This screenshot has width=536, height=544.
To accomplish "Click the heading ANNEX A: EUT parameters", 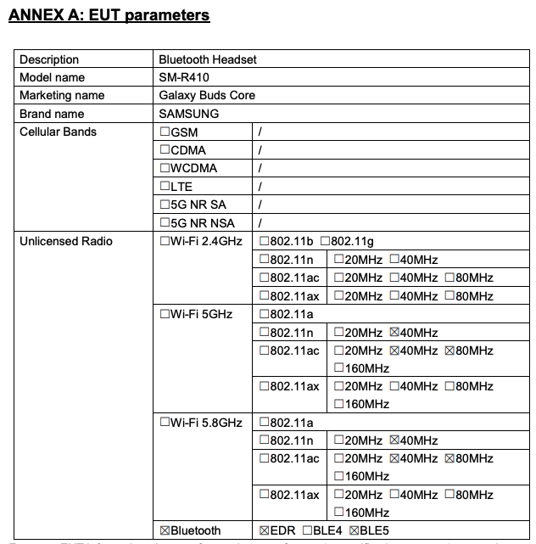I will click(109, 15).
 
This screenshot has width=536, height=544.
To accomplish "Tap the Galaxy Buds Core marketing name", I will click(207, 95).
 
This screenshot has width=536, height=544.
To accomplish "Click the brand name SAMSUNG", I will click(188, 114).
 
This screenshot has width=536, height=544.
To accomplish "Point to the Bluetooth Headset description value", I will click(208, 59).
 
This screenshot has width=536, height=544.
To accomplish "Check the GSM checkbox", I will click(165, 132).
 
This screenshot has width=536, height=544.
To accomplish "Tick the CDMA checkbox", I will click(165, 150).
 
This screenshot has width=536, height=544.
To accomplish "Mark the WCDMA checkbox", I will click(165, 168).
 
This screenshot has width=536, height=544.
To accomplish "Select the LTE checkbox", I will click(165, 187).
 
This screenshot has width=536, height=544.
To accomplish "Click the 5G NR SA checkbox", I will click(165, 205).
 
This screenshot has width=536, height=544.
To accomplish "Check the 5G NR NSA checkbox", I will click(165, 223).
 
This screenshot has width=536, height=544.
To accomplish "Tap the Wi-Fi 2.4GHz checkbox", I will click(165, 242).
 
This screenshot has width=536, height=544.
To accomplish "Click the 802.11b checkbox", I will click(264, 242).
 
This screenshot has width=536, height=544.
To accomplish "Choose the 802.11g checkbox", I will click(326, 242).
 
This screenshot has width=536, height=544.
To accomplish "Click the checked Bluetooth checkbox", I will click(165, 530).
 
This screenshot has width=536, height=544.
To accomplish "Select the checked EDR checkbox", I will click(264, 530).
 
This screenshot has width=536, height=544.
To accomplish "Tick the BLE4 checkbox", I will click(307, 530).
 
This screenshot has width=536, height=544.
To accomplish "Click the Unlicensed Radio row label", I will click(66, 241).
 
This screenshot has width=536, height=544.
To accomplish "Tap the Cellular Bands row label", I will click(58, 132).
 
